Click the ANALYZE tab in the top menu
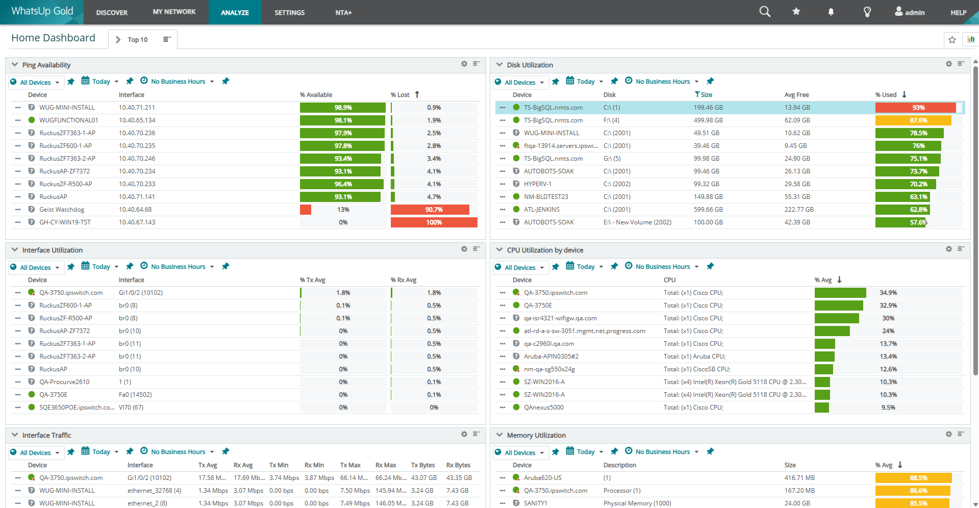click(x=235, y=12)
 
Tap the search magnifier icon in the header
click(x=764, y=12)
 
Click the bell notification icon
click(x=831, y=12)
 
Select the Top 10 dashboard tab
click(x=137, y=40)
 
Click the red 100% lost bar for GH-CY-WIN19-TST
click(x=434, y=222)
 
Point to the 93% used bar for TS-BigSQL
click(x=915, y=108)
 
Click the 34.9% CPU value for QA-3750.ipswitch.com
click(x=888, y=293)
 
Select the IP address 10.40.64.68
click(x=135, y=210)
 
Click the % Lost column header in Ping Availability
click(x=400, y=95)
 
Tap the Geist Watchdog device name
click(x=62, y=210)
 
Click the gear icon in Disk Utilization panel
click(x=948, y=64)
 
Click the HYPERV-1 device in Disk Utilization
click(x=537, y=184)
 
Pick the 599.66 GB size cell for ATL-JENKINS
click(x=708, y=210)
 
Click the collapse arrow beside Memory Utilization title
click(x=499, y=435)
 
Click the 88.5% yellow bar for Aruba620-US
click(x=913, y=478)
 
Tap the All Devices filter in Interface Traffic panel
click(x=36, y=453)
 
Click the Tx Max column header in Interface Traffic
click(x=350, y=465)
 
